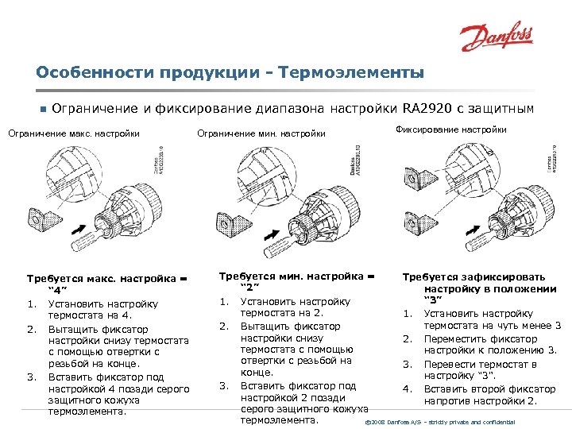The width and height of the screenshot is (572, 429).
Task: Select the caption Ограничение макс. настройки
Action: (x=74, y=133)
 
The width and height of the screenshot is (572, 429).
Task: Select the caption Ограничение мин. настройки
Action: (x=261, y=133)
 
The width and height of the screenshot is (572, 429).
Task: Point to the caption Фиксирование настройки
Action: (x=450, y=129)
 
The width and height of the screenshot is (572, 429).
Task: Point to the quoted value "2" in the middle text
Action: (x=250, y=288)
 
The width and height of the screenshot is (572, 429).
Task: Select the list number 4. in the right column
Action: (x=407, y=388)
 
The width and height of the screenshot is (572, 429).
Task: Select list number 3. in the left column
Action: (x=31, y=376)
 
